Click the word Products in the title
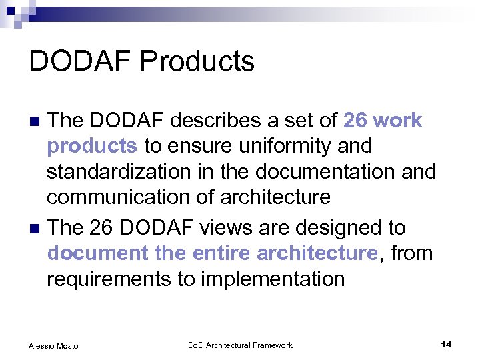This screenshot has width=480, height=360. coord(197,61)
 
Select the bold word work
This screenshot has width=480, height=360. coord(398,121)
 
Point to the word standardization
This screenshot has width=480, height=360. coord(117,171)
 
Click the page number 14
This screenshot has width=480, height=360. coord(446,344)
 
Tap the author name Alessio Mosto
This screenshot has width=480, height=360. coord(53,345)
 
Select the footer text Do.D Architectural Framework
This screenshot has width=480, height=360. coord(240,345)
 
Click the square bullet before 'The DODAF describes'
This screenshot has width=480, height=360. coord(37,121)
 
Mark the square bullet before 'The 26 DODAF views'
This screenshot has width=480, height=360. coord(37,229)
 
